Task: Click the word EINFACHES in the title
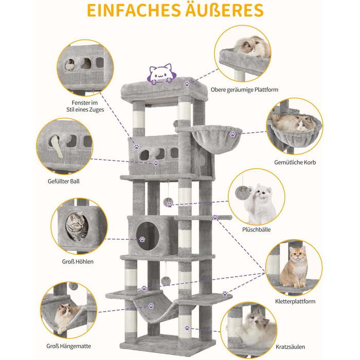(x=134, y=10)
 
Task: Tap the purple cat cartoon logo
(x=161, y=74)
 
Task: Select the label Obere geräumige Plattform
(x=244, y=90)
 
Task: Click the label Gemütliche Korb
(x=295, y=163)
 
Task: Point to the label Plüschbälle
(x=256, y=229)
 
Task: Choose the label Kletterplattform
(x=295, y=301)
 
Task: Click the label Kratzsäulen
(x=290, y=347)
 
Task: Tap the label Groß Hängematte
(x=68, y=346)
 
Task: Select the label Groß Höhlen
(x=78, y=261)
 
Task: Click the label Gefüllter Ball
(x=64, y=182)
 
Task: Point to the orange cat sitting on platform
(x=294, y=267)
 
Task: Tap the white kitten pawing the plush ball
(x=260, y=203)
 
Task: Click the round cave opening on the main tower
(x=148, y=236)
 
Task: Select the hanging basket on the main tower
(x=217, y=139)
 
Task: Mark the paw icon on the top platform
(x=187, y=84)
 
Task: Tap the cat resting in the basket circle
(x=294, y=123)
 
